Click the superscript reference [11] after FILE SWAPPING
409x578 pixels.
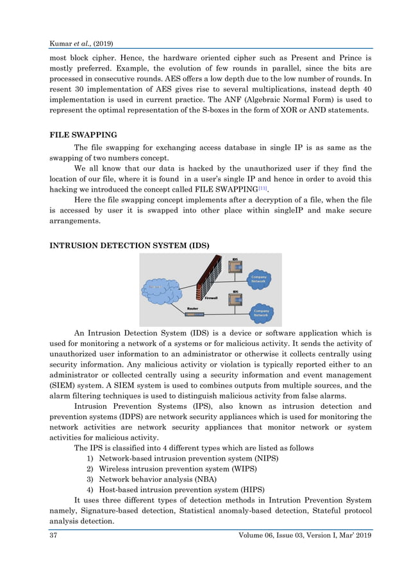click(x=262, y=188)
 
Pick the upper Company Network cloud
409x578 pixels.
click(x=259, y=279)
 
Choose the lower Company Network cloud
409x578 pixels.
click(x=260, y=313)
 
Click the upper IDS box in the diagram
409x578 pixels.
click(x=236, y=268)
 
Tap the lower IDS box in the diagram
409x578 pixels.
click(x=236, y=300)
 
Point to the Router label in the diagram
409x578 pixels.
click(x=193, y=308)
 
